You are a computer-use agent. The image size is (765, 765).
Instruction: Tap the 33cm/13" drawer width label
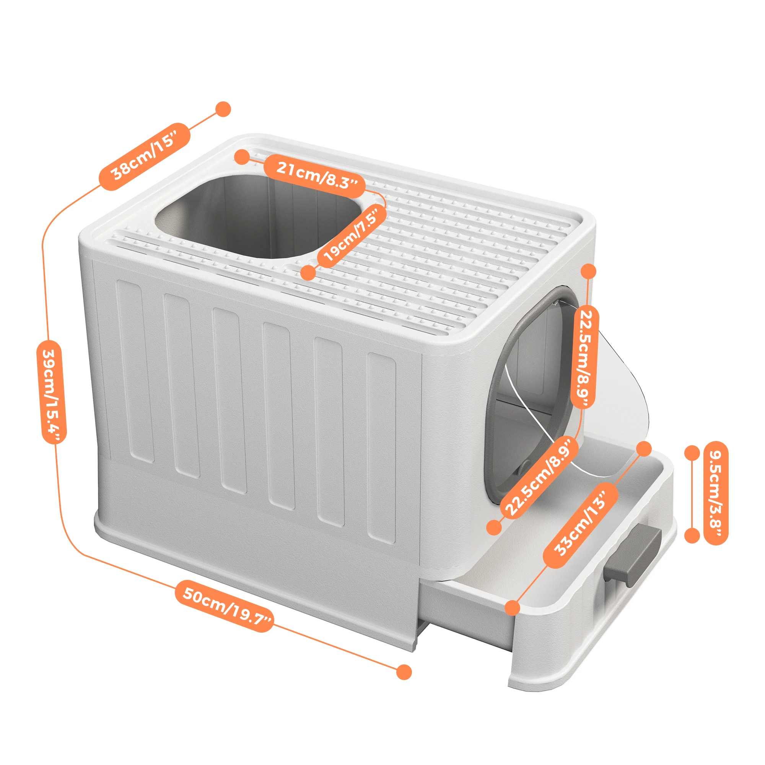click(580, 525)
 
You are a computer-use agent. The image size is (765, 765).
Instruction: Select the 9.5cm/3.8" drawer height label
click(716, 493)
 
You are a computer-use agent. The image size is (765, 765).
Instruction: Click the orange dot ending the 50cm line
click(404, 672)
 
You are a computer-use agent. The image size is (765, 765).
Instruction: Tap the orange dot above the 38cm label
click(223, 109)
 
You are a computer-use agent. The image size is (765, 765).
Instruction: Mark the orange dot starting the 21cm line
click(241, 157)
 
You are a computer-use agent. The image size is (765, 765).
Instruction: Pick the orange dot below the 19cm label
click(308, 273)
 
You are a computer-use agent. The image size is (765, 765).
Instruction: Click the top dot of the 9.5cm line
click(692, 453)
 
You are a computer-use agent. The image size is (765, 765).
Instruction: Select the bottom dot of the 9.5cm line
click(692, 535)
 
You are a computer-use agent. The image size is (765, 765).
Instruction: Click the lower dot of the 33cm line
click(513, 608)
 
